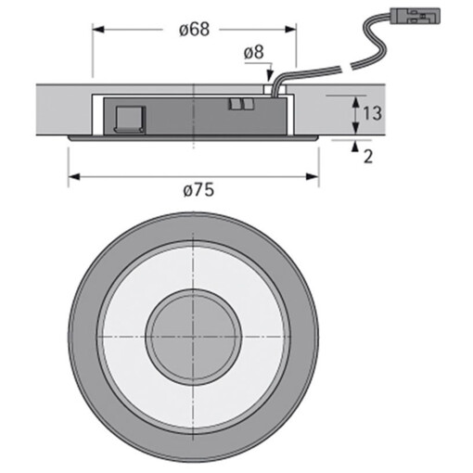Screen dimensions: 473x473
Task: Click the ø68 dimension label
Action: (x=193, y=29)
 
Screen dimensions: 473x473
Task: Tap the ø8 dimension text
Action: (x=254, y=53)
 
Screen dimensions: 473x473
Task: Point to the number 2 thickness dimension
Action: (x=368, y=156)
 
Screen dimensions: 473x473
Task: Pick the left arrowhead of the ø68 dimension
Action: (x=96, y=29)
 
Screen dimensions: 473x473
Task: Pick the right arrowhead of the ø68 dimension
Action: (x=291, y=29)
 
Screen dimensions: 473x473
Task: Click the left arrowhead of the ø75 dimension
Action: (x=73, y=174)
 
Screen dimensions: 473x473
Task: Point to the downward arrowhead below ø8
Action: (x=268, y=79)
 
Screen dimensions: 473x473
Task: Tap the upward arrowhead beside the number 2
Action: (x=354, y=146)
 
